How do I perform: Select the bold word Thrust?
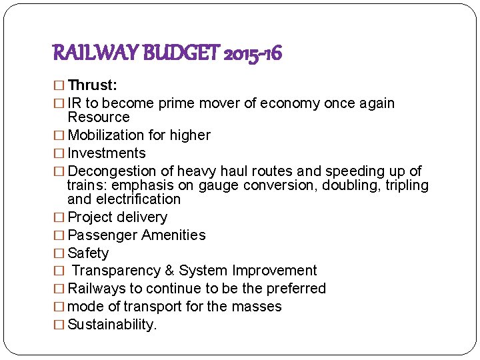[x=93, y=85]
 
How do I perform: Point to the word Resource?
[x=99, y=117]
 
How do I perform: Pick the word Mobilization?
[x=106, y=135]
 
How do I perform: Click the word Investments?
[x=107, y=153]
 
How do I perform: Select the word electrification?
[x=138, y=199]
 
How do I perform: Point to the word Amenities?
[x=172, y=235]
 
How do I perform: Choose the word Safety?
[x=88, y=253]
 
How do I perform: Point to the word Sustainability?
[x=113, y=325]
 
